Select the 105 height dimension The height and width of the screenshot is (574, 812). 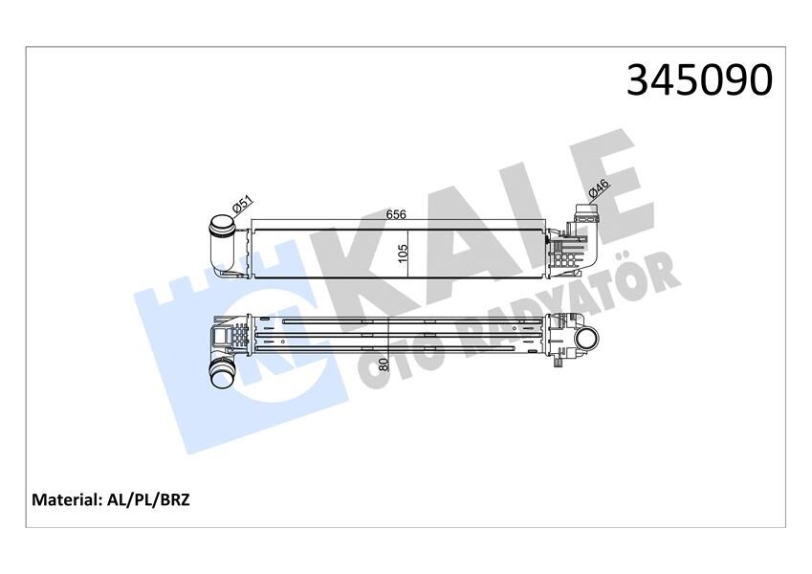pyautogui.click(x=404, y=253)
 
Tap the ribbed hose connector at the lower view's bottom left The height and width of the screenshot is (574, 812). pyautogui.click(x=225, y=374)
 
